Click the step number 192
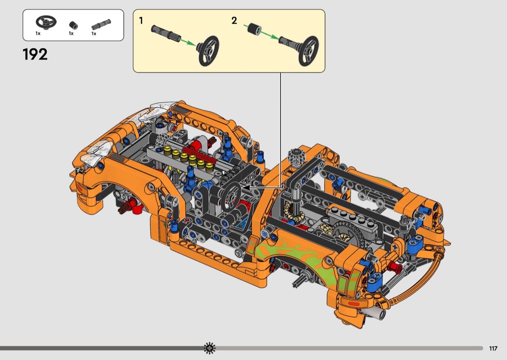point(35,55)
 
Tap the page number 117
point(493,348)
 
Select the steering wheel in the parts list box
point(46,22)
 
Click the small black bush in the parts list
point(73,25)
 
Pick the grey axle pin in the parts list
point(101,25)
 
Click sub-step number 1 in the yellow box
point(141,21)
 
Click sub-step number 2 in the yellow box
point(234,21)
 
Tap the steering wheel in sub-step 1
point(209,50)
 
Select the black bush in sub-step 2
point(254,28)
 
